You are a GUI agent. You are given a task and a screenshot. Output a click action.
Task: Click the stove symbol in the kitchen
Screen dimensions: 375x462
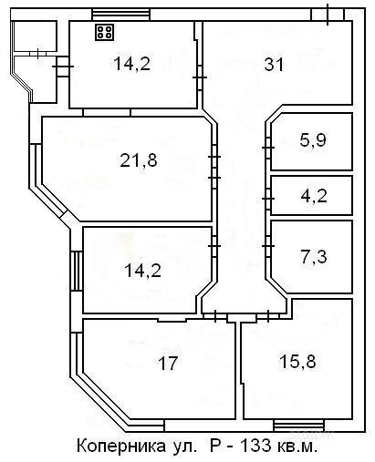(x=105, y=32)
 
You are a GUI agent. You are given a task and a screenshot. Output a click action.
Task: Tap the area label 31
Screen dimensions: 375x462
(x=274, y=65)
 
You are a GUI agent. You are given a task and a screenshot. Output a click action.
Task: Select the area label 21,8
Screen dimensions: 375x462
(x=139, y=160)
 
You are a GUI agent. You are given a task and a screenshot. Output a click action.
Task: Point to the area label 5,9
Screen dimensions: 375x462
(x=313, y=140)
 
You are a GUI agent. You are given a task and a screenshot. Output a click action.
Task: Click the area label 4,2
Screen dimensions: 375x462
(x=314, y=196)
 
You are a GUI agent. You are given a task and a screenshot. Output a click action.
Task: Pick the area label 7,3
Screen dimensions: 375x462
(x=314, y=257)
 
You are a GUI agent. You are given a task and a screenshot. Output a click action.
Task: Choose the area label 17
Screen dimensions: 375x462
(x=168, y=363)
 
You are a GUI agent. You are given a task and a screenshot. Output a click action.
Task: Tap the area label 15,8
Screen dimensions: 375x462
(x=297, y=362)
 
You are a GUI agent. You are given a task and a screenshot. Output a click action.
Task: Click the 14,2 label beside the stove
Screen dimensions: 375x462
(x=131, y=64)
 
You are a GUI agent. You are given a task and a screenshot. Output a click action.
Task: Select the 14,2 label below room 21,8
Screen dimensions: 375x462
(x=142, y=271)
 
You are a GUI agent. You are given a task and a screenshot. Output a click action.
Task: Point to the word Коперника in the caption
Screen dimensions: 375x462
(x=120, y=447)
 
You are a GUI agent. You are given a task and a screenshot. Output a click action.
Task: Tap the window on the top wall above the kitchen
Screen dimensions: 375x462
(x=120, y=15)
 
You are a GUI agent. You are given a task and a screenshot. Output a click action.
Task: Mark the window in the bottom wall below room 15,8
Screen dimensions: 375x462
(x=298, y=426)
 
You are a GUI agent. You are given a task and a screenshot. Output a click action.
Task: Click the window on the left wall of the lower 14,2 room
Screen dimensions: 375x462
(x=77, y=271)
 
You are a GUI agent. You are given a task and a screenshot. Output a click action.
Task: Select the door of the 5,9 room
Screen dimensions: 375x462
(x=268, y=148)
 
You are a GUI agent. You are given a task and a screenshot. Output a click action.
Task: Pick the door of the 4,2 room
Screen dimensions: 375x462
(x=268, y=199)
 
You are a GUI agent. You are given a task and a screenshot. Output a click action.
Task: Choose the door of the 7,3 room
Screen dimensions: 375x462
(x=268, y=246)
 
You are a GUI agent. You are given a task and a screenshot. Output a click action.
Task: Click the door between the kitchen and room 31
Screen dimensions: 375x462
(x=200, y=77)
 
